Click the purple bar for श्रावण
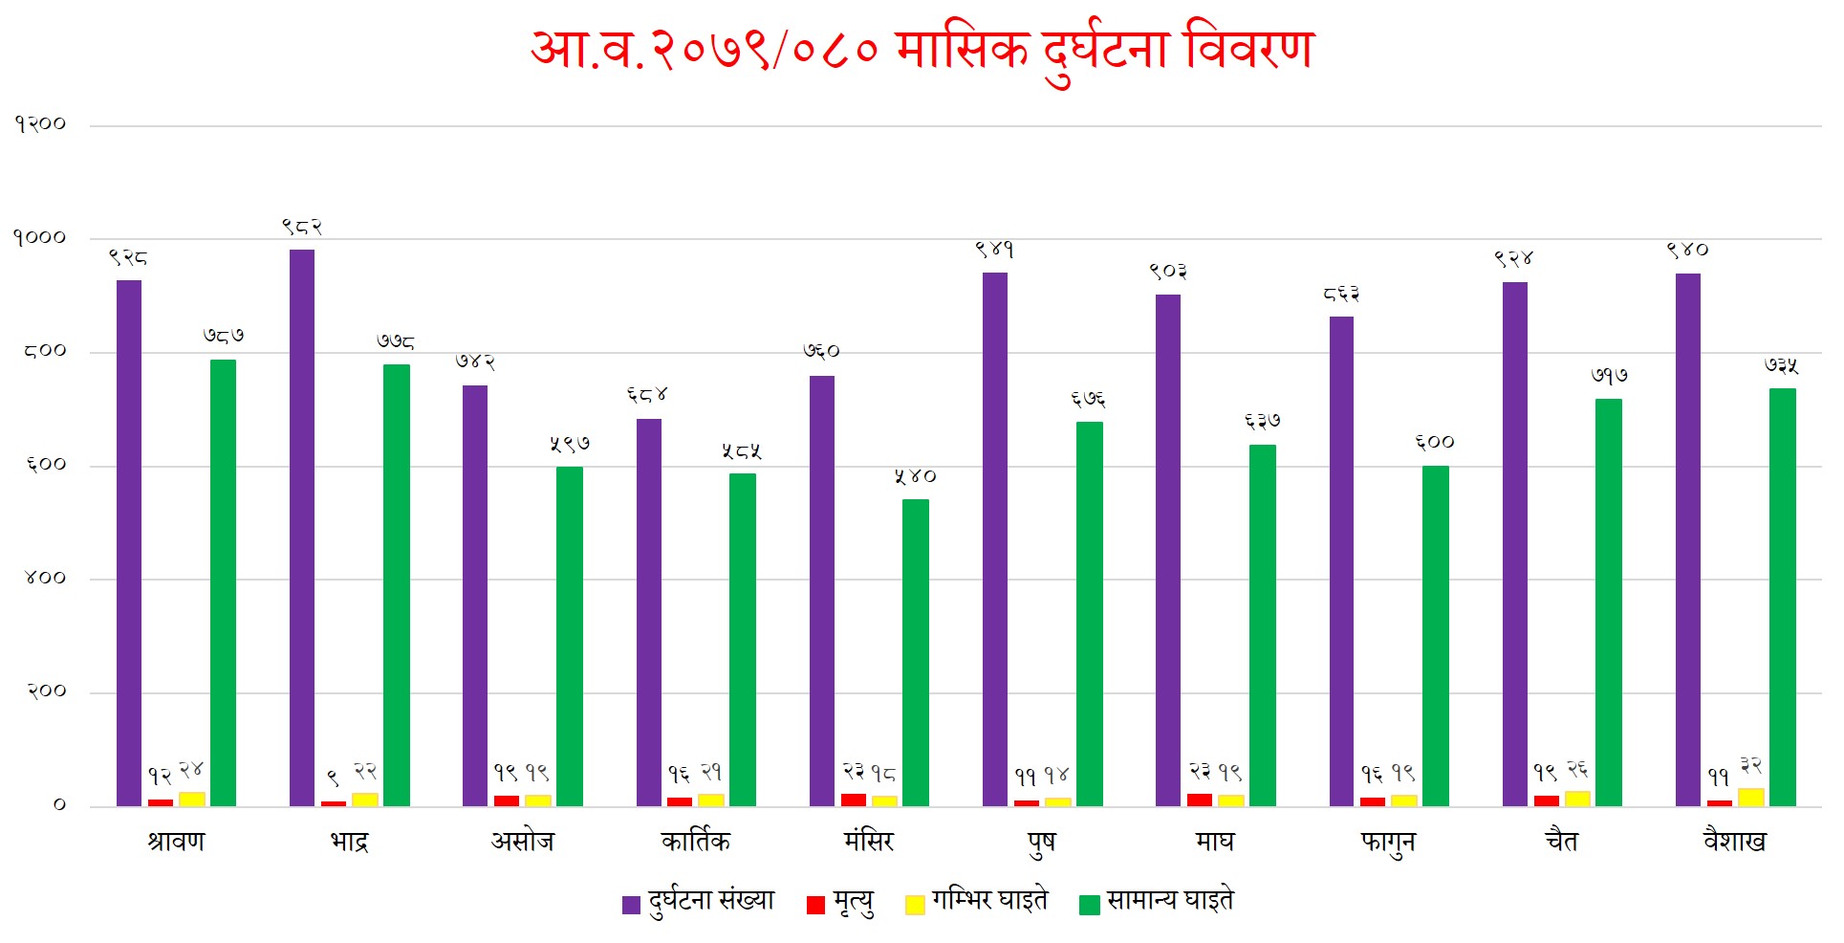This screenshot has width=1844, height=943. (129, 542)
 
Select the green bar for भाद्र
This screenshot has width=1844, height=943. (397, 584)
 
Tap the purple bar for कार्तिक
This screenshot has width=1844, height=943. (649, 612)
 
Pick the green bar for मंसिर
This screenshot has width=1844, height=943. (916, 652)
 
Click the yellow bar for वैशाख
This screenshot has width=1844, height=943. (1751, 797)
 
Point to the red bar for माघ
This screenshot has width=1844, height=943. (1200, 800)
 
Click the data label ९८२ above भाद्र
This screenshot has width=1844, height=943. (302, 227)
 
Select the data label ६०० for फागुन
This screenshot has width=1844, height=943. (1435, 442)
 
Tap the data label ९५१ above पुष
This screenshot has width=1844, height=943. (994, 250)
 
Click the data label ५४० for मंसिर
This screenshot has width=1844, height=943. (916, 476)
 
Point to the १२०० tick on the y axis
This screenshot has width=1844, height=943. (40, 124)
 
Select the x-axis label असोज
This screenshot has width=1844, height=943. (523, 842)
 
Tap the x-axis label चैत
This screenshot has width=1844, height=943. (1562, 842)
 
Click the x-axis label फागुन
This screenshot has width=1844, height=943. (1388, 843)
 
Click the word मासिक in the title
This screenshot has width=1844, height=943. (963, 50)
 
